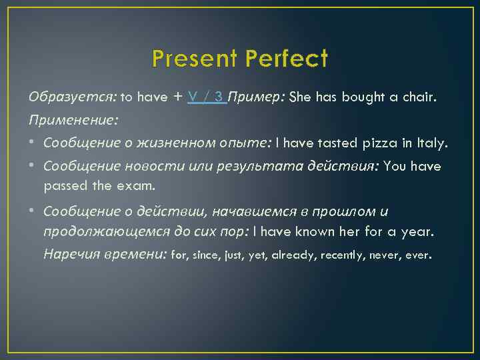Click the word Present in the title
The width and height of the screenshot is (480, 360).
(x=193, y=59)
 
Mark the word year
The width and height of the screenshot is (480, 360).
(x=419, y=233)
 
